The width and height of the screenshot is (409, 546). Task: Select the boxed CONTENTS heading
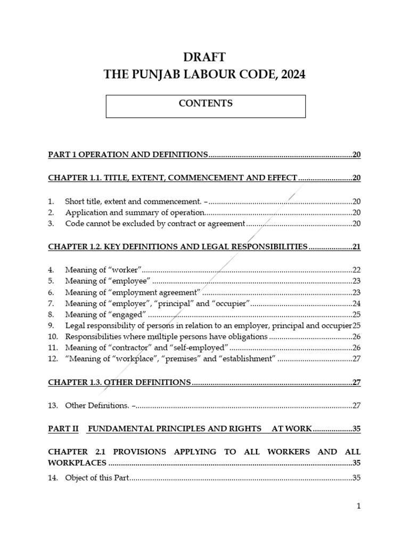(x=206, y=103)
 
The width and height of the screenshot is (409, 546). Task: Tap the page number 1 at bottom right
(x=359, y=506)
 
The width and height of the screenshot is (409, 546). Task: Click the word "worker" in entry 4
(x=125, y=269)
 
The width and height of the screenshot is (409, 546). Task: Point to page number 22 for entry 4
(x=356, y=269)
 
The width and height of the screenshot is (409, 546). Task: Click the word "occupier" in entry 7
(x=232, y=303)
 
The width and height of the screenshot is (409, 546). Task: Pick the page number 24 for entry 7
(x=356, y=303)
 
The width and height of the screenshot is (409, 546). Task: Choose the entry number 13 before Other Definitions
(x=53, y=405)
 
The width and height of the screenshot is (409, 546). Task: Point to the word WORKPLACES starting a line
(x=77, y=463)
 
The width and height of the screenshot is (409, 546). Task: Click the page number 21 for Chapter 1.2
(x=356, y=247)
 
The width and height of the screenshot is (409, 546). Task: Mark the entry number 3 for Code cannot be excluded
(x=51, y=224)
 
